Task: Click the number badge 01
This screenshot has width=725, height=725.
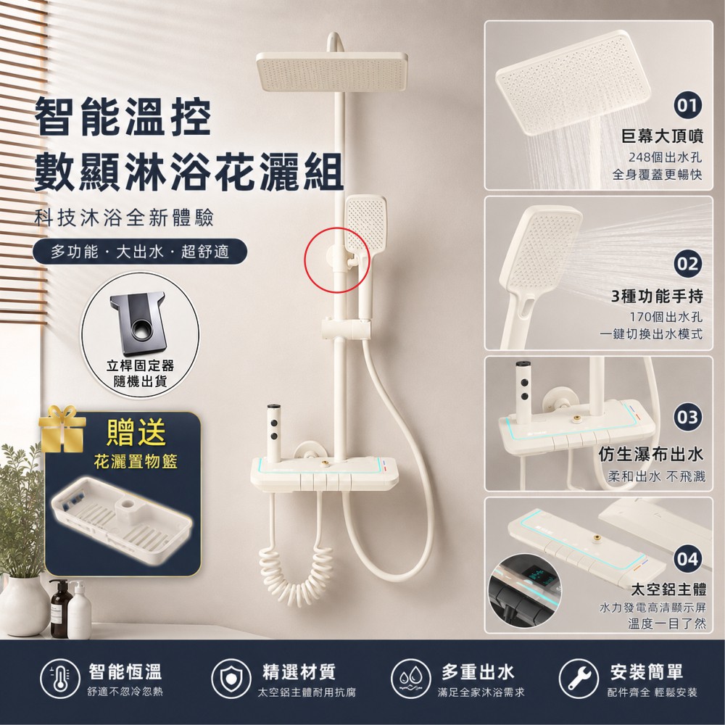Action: coord(687,105)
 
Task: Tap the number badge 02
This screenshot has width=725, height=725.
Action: coord(687,264)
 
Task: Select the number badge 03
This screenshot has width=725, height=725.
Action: coord(687,418)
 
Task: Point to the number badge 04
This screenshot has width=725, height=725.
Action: coord(687,559)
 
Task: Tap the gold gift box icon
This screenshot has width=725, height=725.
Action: coord(62,429)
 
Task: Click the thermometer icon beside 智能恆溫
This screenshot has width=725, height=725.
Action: coord(59,679)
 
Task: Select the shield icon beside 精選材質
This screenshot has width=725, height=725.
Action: coord(231,679)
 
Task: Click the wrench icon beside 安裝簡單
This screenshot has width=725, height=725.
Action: coord(578,679)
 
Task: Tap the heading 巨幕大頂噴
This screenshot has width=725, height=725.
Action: coord(662,136)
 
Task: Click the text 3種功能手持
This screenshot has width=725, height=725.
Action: coord(657,296)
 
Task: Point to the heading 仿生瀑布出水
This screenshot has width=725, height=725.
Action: coord(651,455)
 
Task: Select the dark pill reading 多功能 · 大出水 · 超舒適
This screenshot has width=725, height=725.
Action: coord(140,252)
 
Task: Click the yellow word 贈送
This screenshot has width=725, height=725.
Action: coord(136,432)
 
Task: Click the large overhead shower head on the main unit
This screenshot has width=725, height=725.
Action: coord(332,71)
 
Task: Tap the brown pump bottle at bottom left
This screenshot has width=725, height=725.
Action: coord(60,609)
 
